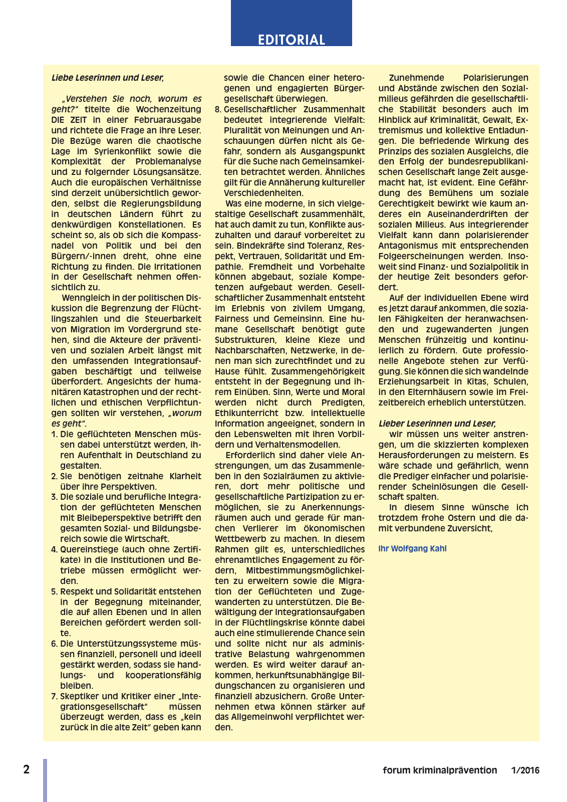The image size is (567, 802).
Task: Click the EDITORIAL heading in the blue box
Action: coord(291,40)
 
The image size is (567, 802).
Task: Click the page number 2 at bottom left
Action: coord(27,769)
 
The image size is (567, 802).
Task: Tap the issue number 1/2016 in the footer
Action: coord(525,770)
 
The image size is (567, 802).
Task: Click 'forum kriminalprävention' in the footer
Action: coord(440,770)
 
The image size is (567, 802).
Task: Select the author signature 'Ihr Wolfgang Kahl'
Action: coord(412,548)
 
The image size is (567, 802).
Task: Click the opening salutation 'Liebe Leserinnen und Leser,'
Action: coord(108,78)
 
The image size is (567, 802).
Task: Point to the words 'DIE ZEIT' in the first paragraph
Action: coord(69,120)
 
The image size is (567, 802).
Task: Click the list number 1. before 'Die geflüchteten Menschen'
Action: coord(55,434)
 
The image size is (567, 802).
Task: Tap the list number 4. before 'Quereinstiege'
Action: coord(55,549)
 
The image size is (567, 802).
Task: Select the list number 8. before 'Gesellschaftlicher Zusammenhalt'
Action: coord(218,109)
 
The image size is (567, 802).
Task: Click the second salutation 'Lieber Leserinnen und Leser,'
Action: coord(437,424)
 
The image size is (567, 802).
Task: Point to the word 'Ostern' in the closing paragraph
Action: coord(458,518)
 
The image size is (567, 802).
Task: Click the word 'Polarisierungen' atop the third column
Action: coord(495,78)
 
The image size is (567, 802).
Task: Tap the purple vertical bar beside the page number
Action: coord(45,780)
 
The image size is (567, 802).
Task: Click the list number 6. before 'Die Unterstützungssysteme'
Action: coord(55,644)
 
